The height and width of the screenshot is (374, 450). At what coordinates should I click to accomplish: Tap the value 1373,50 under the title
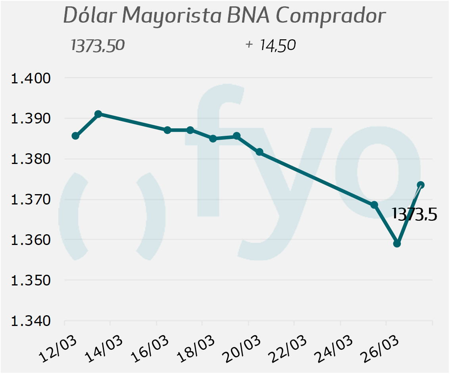[98, 45]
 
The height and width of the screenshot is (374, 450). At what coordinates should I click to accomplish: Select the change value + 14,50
[271, 45]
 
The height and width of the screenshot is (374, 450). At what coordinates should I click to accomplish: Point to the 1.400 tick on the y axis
[31, 78]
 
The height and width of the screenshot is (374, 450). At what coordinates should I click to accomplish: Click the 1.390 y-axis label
[31, 118]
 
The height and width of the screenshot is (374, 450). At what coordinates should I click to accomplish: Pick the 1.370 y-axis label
[31, 199]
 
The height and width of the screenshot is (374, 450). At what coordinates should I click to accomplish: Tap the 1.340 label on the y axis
[31, 320]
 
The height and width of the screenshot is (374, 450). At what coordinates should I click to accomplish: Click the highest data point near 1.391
[98, 114]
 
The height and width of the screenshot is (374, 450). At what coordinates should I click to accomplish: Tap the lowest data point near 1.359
[397, 243]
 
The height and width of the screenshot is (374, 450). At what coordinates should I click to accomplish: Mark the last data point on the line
[421, 185]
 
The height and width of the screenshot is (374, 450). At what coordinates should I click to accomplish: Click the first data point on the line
[75, 136]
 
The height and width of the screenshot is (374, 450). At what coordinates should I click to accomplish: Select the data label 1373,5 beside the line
[414, 214]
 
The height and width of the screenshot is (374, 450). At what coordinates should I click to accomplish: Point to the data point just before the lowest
[374, 205]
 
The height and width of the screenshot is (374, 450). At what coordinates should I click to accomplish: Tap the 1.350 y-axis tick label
[31, 280]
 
